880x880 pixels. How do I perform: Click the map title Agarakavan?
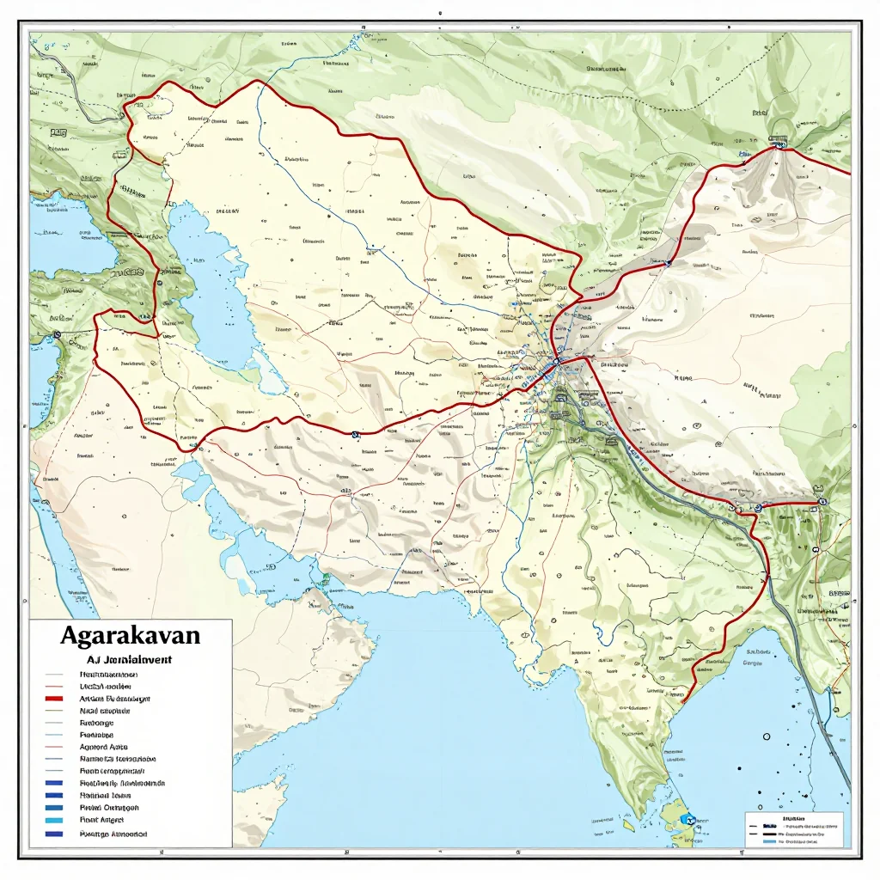point(131,637)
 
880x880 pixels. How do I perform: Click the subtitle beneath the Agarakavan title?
point(130,660)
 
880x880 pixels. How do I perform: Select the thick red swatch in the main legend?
point(53,700)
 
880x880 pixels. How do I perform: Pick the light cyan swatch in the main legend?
point(53,821)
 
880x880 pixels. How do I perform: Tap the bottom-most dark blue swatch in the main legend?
point(53,834)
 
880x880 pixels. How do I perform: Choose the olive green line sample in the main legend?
point(53,712)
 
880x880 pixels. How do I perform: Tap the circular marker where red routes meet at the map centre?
point(557,363)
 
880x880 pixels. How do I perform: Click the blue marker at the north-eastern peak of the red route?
point(780,146)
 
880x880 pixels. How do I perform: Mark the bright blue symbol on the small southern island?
point(687,819)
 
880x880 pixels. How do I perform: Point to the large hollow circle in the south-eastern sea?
point(763,736)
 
